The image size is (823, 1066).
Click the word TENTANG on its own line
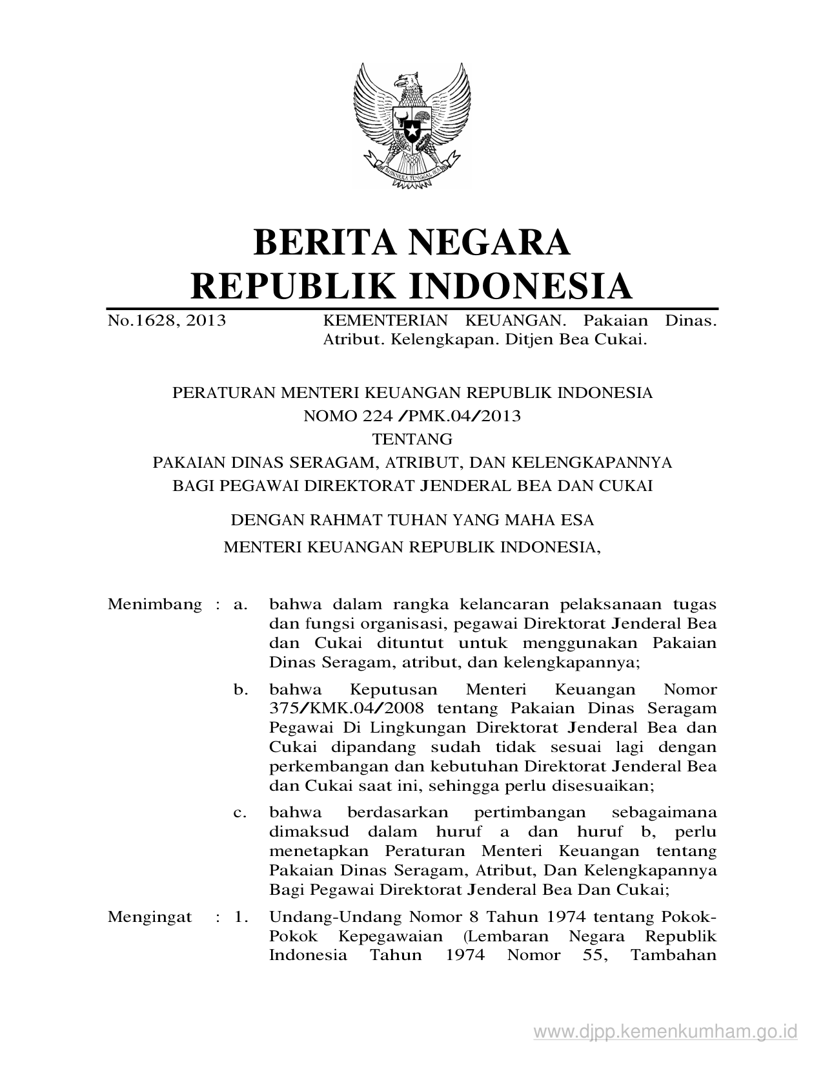[x=412, y=439]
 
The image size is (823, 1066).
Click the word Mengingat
[x=150, y=917]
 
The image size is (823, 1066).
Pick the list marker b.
[x=241, y=690]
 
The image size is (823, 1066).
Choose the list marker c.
[x=241, y=812]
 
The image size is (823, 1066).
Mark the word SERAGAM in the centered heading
[x=338, y=463]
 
